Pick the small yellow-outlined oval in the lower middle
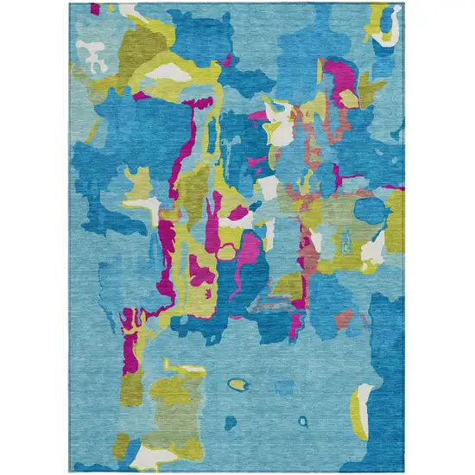[235, 383]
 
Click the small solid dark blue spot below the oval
[230, 400]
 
